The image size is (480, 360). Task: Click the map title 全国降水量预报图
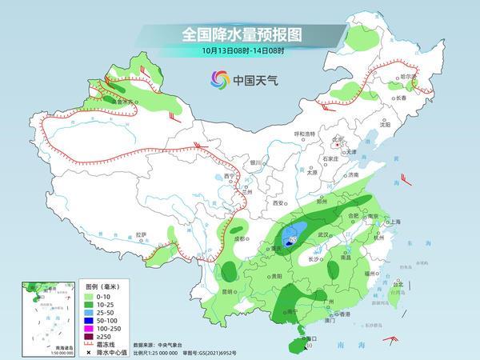[x=239, y=35]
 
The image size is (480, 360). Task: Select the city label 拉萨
[x=141, y=234]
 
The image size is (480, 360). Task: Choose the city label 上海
[x=394, y=222]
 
